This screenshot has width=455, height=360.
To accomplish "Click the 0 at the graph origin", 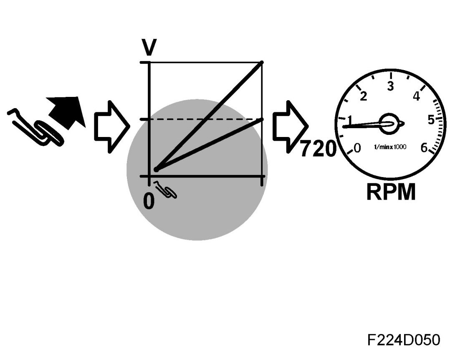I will click(149, 200).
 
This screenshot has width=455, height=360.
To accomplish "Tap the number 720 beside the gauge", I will click(318, 149).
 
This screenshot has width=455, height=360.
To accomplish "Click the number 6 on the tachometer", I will click(424, 148).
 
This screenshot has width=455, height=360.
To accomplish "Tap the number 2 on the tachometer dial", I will click(364, 96).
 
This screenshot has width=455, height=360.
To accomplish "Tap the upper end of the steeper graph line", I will click(261, 63).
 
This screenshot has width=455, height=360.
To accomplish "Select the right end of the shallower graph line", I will click(261, 119).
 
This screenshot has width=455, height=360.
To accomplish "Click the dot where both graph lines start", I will click(156, 170).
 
